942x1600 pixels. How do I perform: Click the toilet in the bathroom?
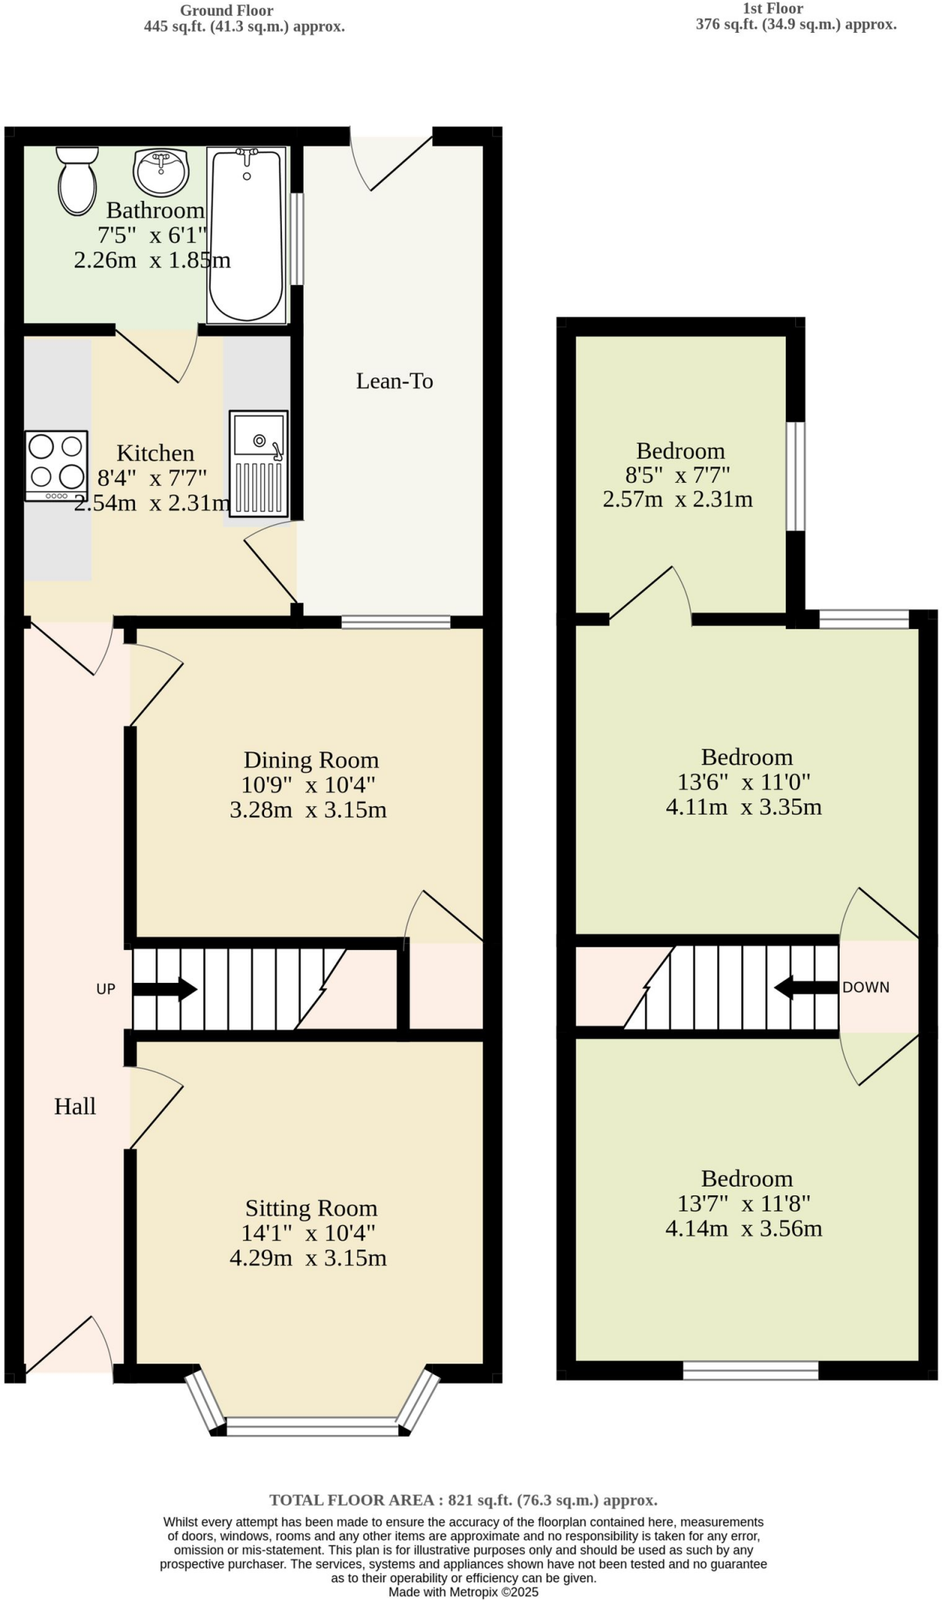(x=77, y=180)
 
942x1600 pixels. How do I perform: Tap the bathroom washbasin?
(x=161, y=171)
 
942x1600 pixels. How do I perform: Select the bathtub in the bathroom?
(x=246, y=235)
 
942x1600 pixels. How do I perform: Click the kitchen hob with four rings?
(x=55, y=466)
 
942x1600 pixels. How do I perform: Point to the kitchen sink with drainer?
(x=259, y=463)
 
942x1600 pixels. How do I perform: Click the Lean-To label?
(x=394, y=381)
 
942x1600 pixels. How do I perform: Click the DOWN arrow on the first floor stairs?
(x=805, y=987)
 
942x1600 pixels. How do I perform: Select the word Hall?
(x=75, y=1106)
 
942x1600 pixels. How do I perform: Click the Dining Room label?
(x=311, y=760)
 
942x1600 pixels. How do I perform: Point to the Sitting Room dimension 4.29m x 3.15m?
(x=308, y=1258)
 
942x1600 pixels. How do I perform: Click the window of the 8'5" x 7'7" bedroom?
(x=795, y=476)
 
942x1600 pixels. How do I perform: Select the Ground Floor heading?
(x=227, y=10)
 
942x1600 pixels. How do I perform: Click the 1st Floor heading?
(x=773, y=9)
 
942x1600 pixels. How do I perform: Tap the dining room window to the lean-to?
(x=396, y=622)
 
